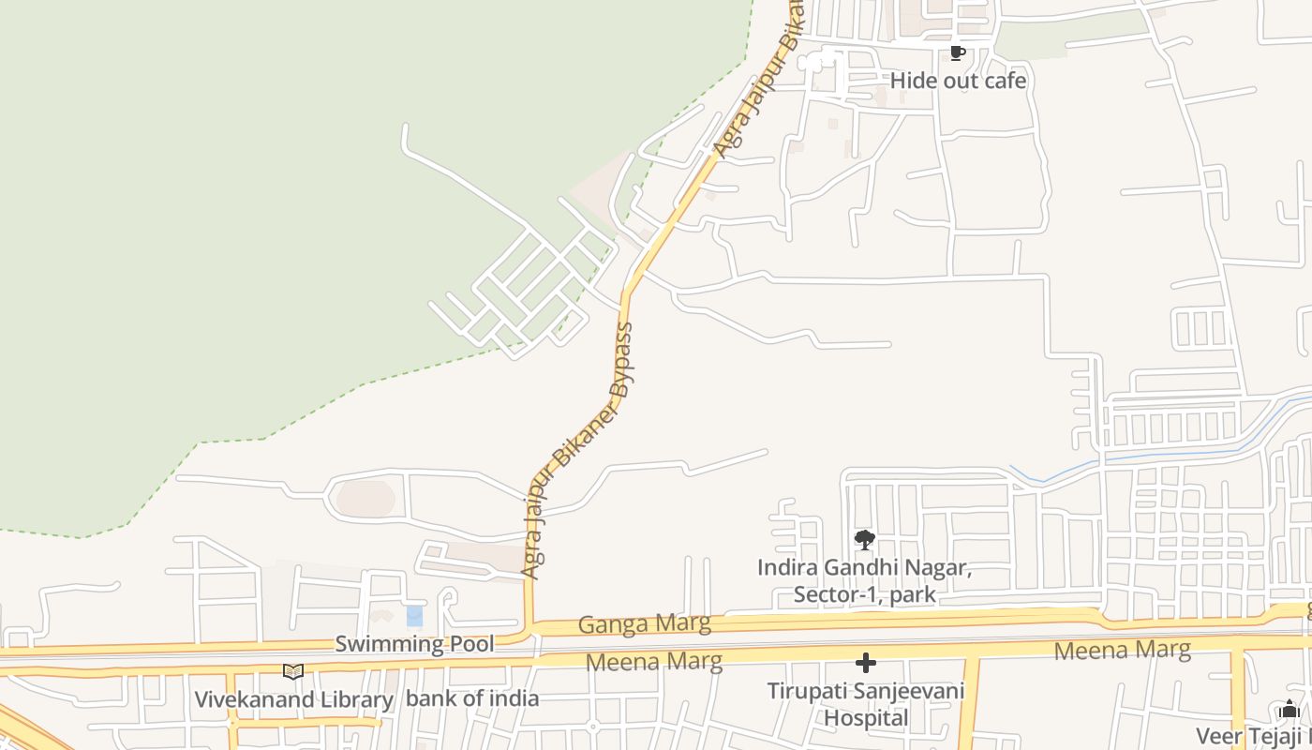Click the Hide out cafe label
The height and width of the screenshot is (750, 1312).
[958, 81]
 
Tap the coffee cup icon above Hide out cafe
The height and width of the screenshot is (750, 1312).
[956, 52]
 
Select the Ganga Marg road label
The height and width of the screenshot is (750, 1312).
[644, 623]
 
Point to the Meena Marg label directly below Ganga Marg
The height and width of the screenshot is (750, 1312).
[653, 662]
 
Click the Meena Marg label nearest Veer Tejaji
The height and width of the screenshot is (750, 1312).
[1122, 650]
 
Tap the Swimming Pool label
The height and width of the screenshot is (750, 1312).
[414, 644]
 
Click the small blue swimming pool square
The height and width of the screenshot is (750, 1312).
[414, 616]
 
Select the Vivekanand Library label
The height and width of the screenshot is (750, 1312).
[293, 699]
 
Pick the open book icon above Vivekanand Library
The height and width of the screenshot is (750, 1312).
[293, 671]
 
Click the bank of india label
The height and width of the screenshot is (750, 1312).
[472, 698]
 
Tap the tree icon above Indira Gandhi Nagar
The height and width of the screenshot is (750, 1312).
[865, 540]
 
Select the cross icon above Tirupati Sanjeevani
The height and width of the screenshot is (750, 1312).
[866, 664]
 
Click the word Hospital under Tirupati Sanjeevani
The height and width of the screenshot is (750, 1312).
[866, 718]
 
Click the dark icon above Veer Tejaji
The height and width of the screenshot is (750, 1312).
[1290, 709]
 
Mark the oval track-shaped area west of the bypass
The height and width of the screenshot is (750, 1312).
[365, 498]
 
